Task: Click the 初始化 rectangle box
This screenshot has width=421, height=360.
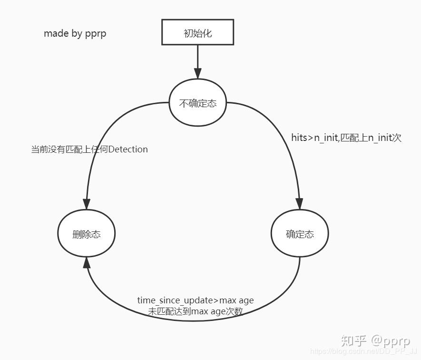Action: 197,32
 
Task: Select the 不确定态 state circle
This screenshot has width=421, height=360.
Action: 197,103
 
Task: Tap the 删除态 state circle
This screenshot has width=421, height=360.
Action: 86,234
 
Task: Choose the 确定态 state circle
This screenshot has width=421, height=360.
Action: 300,234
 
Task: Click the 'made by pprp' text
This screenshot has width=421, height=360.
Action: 75,33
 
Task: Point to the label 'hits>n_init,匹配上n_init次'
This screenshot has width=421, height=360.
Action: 346,138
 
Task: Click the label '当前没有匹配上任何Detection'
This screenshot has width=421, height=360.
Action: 89,150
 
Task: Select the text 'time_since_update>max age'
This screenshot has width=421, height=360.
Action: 196,300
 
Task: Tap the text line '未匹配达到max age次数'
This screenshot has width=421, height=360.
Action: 196,311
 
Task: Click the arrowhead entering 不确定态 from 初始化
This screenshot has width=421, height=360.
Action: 197,73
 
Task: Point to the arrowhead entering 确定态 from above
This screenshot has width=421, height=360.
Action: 299,204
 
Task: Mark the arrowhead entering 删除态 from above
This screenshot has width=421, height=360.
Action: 87,204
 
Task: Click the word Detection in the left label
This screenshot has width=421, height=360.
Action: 128,150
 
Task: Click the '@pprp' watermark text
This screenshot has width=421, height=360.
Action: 391,340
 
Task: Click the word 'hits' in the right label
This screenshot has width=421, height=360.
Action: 300,138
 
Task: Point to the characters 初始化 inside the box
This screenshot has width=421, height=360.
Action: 197,33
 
